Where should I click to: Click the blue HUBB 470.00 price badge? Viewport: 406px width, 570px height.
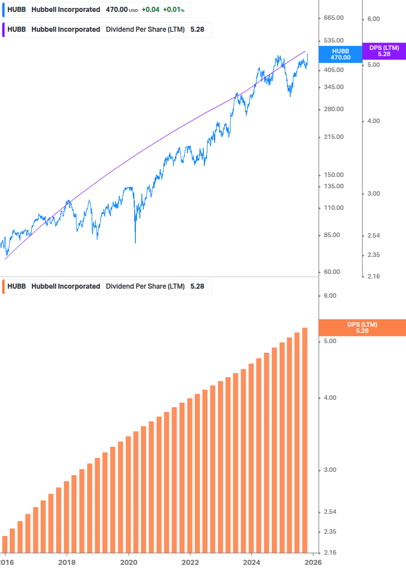pyautogui.click(x=340, y=54)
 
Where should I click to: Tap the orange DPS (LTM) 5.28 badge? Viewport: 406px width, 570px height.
pyautogui.click(x=362, y=327)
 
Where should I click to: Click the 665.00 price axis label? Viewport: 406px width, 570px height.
pyautogui.click(x=334, y=18)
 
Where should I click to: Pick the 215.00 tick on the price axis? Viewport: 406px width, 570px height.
pyautogui.click(x=334, y=137)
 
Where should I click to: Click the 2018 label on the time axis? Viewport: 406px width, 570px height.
pyautogui.click(x=67, y=561)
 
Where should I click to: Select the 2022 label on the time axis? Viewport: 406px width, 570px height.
pyautogui.click(x=190, y=561)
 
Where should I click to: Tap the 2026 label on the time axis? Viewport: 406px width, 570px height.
pyautogui.click(x=313, y=561)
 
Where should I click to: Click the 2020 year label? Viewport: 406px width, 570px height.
pyautogui.click(x=129, y=561)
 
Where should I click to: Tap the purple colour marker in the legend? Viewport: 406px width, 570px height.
pyautogui.click(x=4, y=29)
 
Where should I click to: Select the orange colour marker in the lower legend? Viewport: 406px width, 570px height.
pyautogui.click(x=4, y=286)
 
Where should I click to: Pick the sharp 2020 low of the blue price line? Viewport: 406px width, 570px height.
pyautogui.click(x=135, y=243)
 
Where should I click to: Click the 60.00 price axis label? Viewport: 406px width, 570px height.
pyautogui.click(x=332, y=272)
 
